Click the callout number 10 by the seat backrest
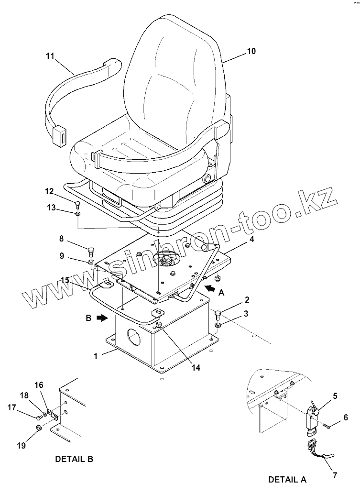tap(251, 51)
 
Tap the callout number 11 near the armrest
tap(50, 56)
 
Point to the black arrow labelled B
tap(102, 318)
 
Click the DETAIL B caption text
tap(74, 460)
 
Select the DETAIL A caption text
tap(287, 479)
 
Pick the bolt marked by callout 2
tap(218, 314)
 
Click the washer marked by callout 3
tap(218, 325)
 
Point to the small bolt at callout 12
tap(77, 205)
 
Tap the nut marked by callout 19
tap(39, 427)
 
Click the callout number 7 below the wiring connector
tap(335, 475)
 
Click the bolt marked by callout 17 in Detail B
tap(40, 416)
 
